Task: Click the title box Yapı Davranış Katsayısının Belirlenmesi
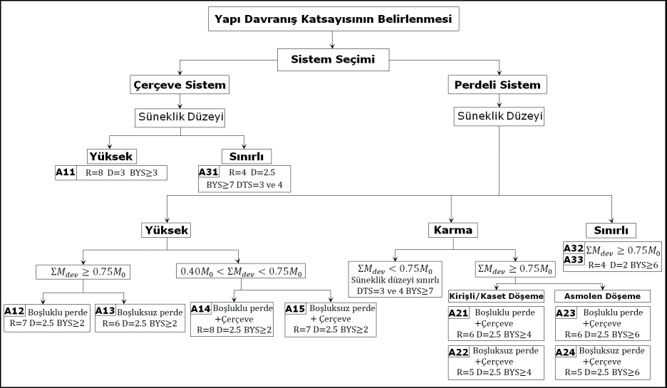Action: click(x=333, y=19)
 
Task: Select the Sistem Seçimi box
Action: click(x=333, y=59)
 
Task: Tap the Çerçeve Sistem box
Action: click(x=180, y=85)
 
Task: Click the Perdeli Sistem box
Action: click(x=497, y=85)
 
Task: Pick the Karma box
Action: click(x=453, y=230)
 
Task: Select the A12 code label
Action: click(x=14, y=311)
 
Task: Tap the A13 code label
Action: click(x=105, y=311)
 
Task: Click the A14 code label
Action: click(x=202, y=309)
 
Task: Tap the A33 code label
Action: click(x=574, y=261)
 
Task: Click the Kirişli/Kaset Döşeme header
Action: click(x=497, y=296)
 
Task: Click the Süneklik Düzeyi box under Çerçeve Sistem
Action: click(x=179, y=116)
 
